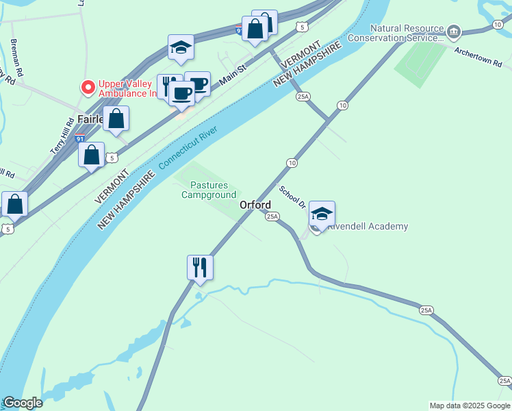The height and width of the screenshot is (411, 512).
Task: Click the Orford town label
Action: pos(255,205)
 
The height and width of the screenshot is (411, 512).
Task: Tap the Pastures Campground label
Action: pos(208,190)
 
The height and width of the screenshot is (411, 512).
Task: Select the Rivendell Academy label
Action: pos(368,226)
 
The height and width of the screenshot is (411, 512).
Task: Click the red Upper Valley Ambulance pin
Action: pos(88,88)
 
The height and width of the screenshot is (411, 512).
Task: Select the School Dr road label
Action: pos(292,196)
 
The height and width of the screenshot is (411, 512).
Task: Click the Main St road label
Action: pos(233,75)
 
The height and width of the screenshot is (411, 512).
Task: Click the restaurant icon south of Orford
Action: pos(201,266)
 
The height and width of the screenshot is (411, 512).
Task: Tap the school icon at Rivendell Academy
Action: pos(322,213)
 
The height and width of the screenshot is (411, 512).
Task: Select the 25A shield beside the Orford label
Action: pos(272,216)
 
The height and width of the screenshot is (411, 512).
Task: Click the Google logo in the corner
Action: pos(22,403)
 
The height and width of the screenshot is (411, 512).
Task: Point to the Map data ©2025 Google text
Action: pos(470,406)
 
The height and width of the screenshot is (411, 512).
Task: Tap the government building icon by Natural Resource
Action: pos(453,32)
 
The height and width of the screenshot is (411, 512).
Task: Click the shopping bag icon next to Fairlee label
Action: pos(117,118)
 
